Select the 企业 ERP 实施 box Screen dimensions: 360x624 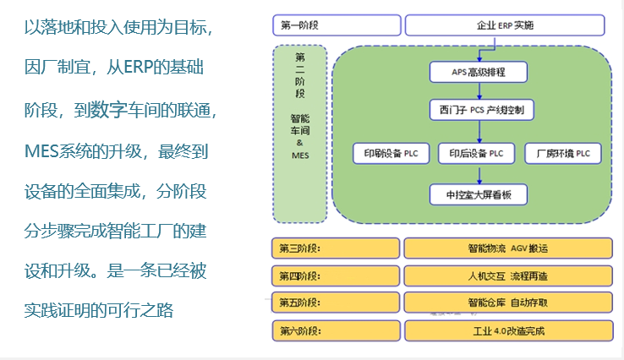click(506, 25)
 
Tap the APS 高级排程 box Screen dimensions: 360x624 click(479, 71)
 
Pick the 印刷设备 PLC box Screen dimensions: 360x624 click(393, 153)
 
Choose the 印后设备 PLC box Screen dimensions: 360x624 click(478, 153)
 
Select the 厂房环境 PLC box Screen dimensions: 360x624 click(563, 153)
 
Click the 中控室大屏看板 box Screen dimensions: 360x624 click(479, 194)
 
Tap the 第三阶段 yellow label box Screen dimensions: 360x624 click(336, 248)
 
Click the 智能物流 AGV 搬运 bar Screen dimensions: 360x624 click(506, 248)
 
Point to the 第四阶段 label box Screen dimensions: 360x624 click(336, 275)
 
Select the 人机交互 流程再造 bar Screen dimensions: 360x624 click(506, 275)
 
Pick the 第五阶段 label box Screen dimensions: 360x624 click(336, 303)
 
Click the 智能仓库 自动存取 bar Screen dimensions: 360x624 click(506, 303)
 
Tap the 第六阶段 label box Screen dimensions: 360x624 click(336, 330)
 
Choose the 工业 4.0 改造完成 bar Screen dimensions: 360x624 click(506, 330)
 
